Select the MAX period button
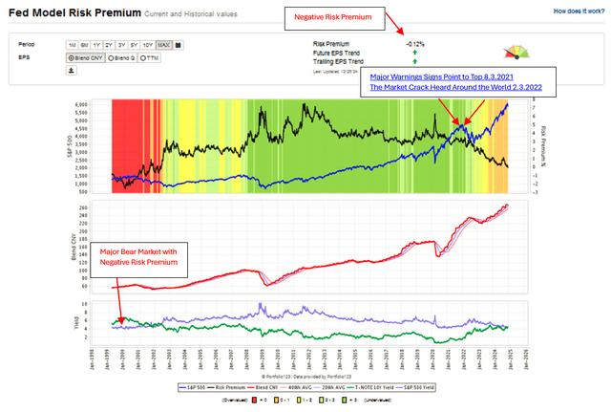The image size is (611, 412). click(x=163, y=45)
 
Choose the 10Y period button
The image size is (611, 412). click(x=148, y=45)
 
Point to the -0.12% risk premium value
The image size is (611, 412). click(x=414, y=44)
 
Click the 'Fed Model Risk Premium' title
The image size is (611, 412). click(x=67, y=12)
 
